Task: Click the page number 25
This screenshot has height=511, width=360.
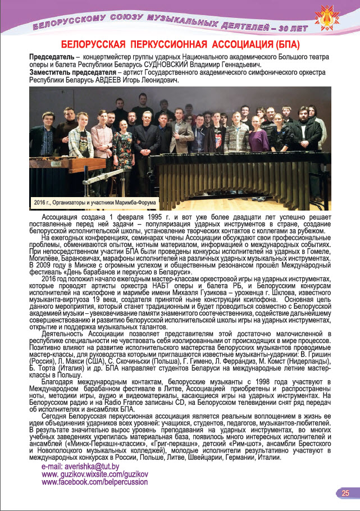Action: [x=345, y=493]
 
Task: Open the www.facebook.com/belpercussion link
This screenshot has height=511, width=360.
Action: [x=95, y=482]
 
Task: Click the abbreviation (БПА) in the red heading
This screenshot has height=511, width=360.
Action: [x=276, y=44]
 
